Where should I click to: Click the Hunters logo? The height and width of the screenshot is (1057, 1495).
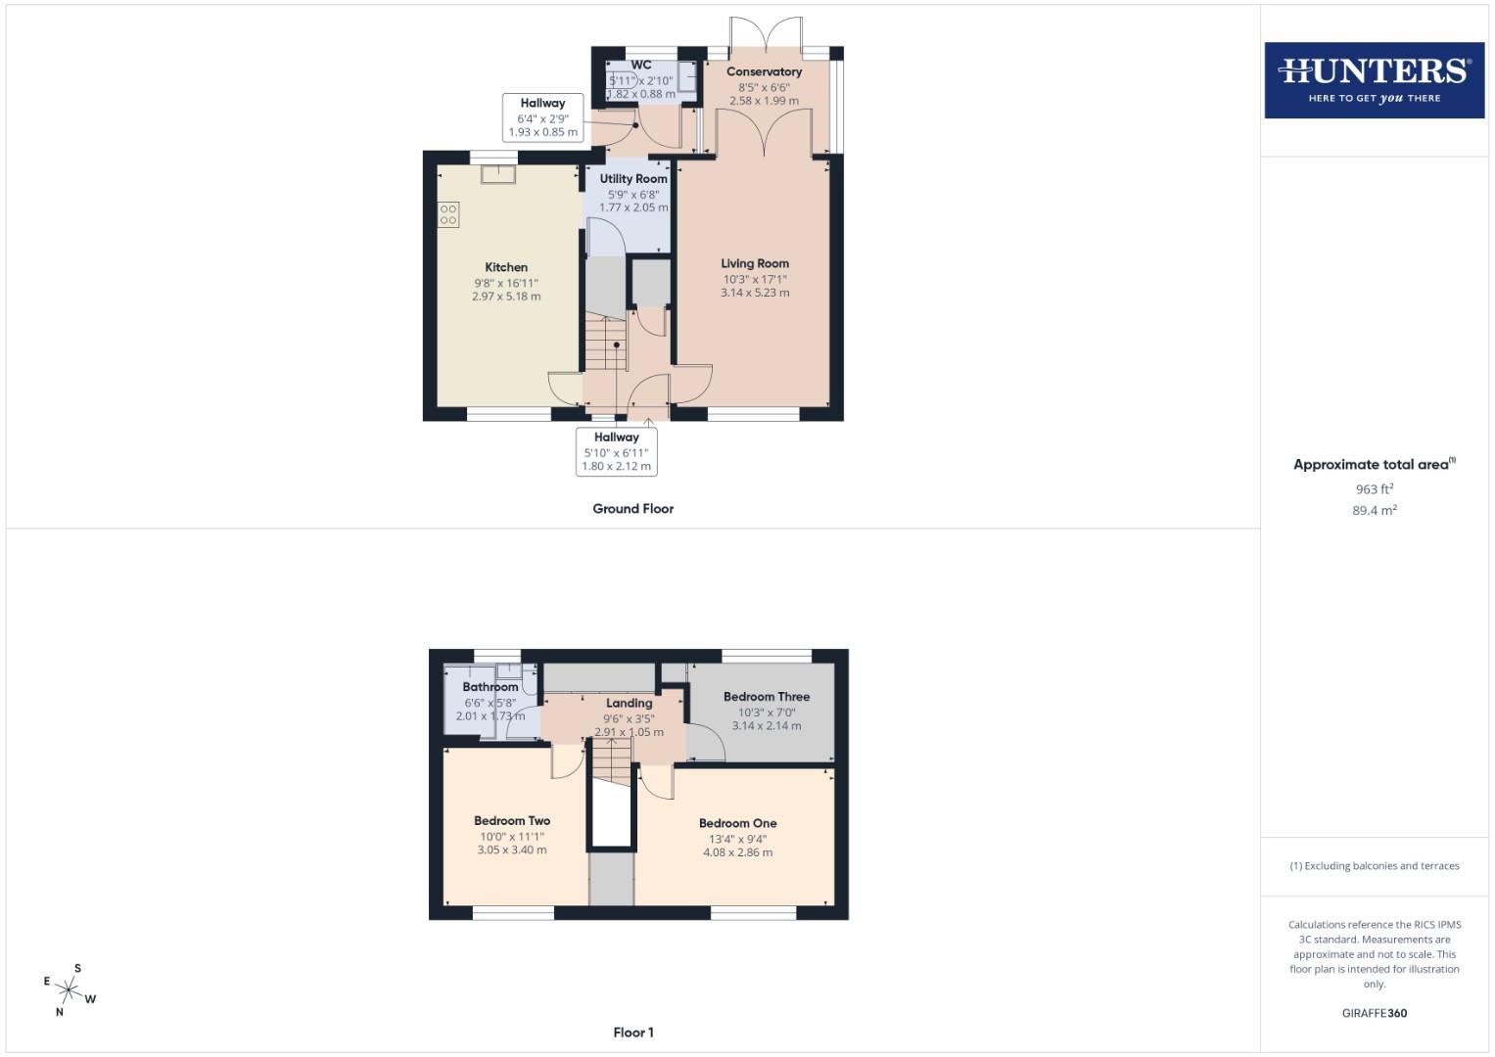point(1374,79)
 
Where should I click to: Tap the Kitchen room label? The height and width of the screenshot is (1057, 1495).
point(506,267)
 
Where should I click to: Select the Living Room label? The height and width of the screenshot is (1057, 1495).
point(755,263)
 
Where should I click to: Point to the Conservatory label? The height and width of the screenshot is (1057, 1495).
point(764,71)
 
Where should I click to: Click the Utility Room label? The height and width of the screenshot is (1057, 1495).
point(633,179)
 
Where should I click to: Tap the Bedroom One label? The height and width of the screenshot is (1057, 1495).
point(737,823)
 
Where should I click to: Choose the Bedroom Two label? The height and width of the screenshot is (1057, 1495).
point(512,821)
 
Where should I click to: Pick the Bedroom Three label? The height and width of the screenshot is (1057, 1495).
point(767,697)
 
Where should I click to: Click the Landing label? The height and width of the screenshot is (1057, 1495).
point(629,703)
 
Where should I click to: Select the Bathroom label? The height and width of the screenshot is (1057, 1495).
point(491,687)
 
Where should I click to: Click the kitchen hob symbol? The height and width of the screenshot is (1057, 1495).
point(448,214)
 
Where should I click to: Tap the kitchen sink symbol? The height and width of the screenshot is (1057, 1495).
point(498,174)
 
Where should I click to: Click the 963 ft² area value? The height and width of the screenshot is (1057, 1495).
point(1374,489)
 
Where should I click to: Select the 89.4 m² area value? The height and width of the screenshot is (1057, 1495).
point(1374,510)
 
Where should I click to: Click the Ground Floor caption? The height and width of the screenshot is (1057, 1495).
point(632,509)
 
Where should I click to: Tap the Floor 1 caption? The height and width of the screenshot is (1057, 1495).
point(632,1033)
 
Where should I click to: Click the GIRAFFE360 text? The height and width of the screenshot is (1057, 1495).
point(1374,1013)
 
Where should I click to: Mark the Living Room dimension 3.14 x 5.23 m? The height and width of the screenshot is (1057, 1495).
point(755,293)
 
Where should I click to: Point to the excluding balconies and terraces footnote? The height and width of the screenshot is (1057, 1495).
point(1374,866)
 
